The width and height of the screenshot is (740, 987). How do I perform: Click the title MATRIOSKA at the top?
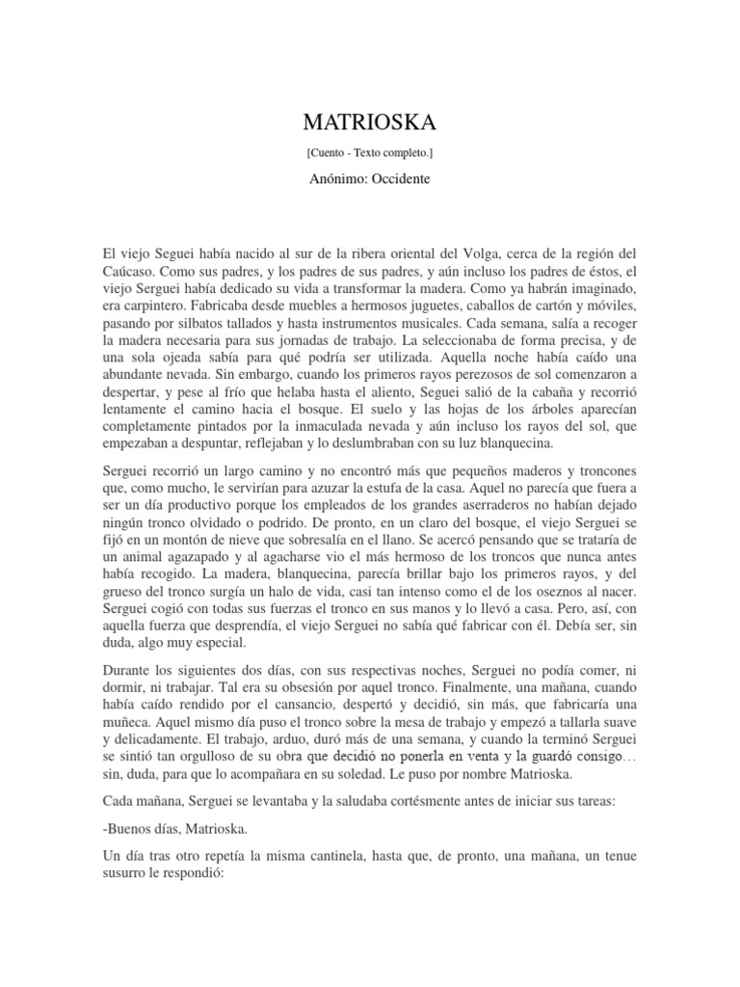click(x=370, y=122)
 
